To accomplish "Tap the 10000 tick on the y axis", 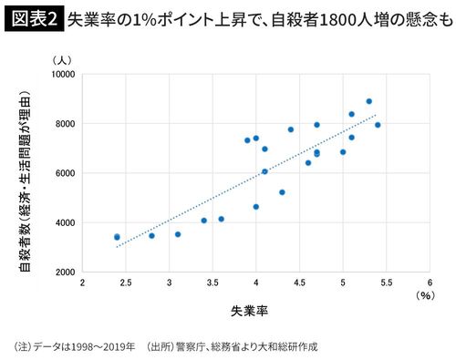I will point(61,73).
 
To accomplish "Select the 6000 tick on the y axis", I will point(64,173).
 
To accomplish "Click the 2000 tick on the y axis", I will point(64,273).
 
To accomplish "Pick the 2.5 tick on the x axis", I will point(126,283).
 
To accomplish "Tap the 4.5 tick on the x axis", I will point(299,283).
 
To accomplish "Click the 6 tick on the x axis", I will point(430,283).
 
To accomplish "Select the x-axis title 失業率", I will point(248,310).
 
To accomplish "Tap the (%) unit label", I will point(425,295).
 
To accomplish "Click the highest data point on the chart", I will point(368,101).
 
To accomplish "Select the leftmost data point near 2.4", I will point(117,237).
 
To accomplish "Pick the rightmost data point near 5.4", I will point(378,125).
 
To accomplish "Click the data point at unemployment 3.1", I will point(178,234).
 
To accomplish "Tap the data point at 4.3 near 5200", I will point(282,192).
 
